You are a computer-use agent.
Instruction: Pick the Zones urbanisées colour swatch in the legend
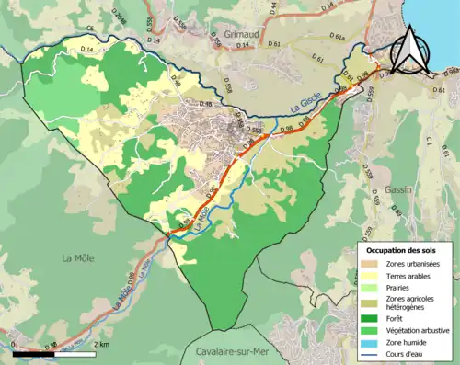371,264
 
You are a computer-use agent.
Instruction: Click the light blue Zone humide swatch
371,344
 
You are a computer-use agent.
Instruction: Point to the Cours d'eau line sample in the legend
371,356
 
